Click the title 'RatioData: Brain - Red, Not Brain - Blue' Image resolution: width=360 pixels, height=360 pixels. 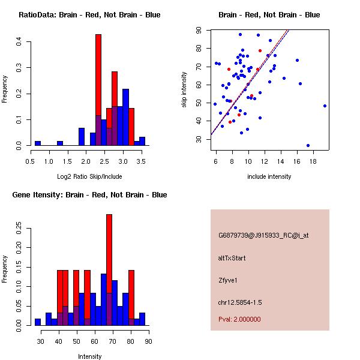(x=89, y=15)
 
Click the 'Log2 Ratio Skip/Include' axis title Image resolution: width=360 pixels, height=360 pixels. (x=89, y=176)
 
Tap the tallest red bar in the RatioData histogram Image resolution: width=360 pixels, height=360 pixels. (x=98, y=90)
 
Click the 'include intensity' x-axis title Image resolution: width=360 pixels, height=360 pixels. (x=269, y=176)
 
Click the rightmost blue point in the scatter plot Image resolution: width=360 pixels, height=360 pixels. (x=325, y=106)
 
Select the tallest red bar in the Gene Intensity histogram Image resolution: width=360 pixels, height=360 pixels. (x=109, y=270)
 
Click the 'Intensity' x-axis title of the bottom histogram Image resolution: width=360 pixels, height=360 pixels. (x=89, y=356)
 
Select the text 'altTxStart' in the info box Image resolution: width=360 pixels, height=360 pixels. (x=232, y=258)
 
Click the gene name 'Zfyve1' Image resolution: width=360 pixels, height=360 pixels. (x=229, y=280)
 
